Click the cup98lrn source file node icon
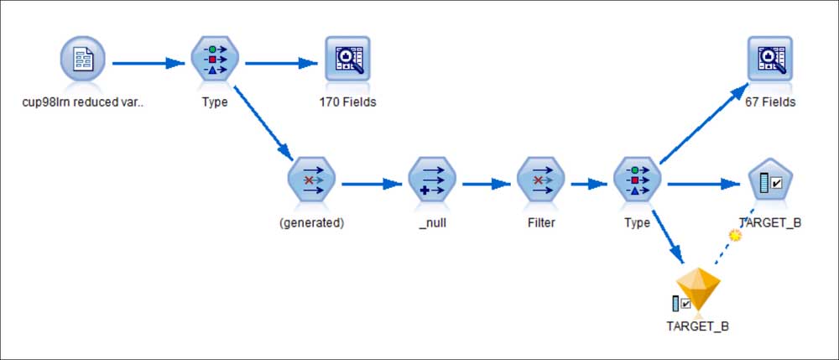point(82,59)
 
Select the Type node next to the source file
point(215,59)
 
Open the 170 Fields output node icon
point(347,58)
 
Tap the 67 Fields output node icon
point(769,58)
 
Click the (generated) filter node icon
point(311,180)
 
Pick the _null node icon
point(432,180)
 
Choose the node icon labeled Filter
point(540,180)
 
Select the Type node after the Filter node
point(637,180)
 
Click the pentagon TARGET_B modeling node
point(770,180)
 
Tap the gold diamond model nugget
point(698,290)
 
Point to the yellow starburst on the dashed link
point(736,235)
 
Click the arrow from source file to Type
point(149,64)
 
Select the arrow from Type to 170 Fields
point(281,64)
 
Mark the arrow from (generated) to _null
point(372,184)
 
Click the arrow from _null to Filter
point(487,184)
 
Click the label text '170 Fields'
point(348,102)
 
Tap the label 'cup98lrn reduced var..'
point(83,102)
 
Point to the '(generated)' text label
point(312,223)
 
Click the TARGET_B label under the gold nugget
point(698,326)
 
